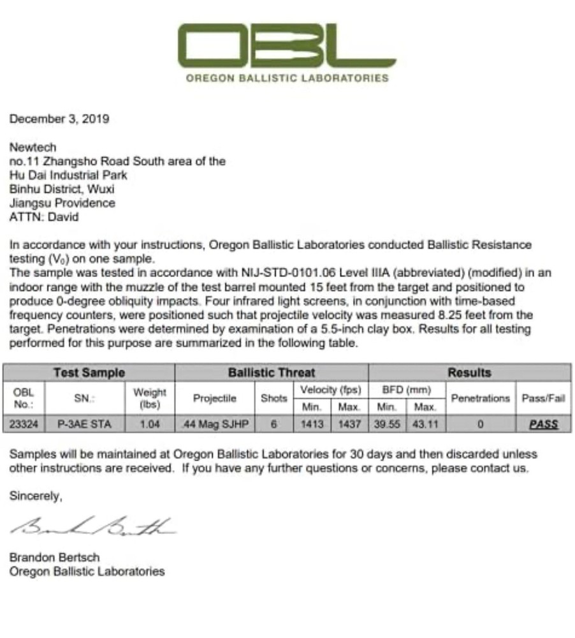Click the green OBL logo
click(x=287, y=46)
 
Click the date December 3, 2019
click(x=59, y=119)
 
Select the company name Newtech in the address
click(x=33, y=147)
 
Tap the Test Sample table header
click(x=89, y=373)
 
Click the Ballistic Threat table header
click(x=272, y=373)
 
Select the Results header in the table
click(x=469, y=373)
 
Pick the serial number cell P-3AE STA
click(x=84, y=424)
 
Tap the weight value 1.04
click(x=150, y=424)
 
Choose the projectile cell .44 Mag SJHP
click(x=214, y=424)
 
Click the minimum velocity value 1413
click(x=312, y=424)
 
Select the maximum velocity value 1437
click(x=349, y=424)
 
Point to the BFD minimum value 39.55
click(x=388, y=424)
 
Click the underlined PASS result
click(x=543, y=424)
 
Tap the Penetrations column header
click(x=480, y=397)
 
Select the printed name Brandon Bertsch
click(x=54, y=558)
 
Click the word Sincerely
click(x=36, y=496)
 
